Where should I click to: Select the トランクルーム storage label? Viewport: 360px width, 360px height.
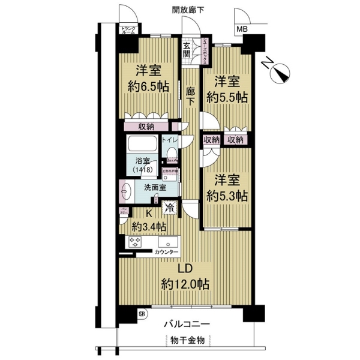click(x=128, y=31)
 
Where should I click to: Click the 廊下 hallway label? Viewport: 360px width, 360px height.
click(x=190, y=96)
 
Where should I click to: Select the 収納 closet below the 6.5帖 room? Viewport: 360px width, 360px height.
click(x=146, y=127)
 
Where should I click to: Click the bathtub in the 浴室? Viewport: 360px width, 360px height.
click(x=142, y=145)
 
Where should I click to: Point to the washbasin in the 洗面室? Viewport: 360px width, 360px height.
click(x=126, y=192)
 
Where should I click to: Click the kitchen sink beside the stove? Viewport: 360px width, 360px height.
click(x=166, y=244)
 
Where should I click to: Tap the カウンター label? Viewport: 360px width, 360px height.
click(x=166, y=253)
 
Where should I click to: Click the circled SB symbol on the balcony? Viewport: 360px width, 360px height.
click(x=142, y=313)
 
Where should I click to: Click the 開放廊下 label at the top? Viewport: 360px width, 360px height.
click(x=188, y=9)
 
